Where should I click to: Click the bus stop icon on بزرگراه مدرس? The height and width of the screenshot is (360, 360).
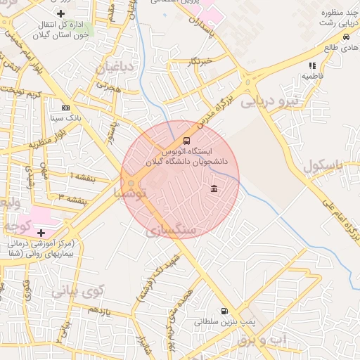click(186, 140)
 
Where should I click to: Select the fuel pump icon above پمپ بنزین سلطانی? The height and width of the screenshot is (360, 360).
click(224, 311)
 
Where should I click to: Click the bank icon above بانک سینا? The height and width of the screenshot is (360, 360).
click(65, 108)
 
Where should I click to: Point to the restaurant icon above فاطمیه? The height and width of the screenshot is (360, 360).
click(312, 65)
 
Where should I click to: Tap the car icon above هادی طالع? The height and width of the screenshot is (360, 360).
click(346, 37)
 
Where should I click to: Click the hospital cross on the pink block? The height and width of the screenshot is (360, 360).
click(41, 232)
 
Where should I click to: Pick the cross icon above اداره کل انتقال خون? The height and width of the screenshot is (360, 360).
click(61, 13)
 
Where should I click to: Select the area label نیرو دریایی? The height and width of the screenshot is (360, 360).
click(269, 101)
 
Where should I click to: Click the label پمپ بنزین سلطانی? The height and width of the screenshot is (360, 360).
click(224, 323)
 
